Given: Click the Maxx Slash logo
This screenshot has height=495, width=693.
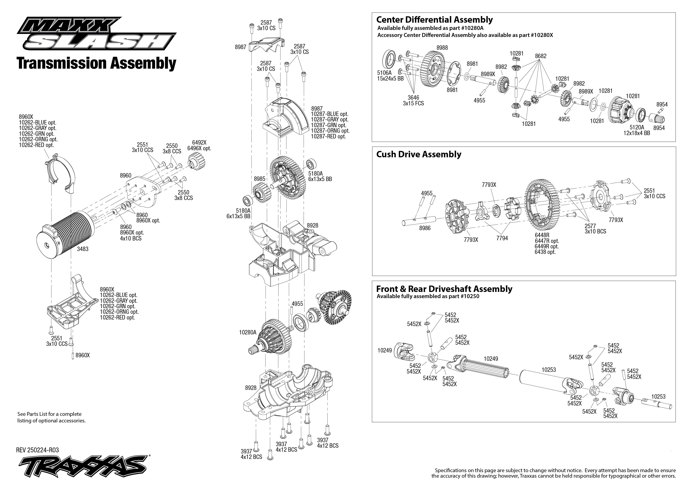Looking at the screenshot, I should [x=96, y=33].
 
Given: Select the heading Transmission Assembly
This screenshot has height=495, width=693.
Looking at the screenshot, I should [x=97, y=63].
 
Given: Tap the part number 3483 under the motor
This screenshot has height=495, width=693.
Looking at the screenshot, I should [x=82, y=249].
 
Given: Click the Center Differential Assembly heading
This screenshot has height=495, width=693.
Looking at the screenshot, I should [x=434, y=20].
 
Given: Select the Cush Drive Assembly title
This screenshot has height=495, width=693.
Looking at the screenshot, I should [x=419, y=154].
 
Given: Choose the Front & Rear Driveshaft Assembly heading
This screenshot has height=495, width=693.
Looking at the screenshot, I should [x=444, y=289].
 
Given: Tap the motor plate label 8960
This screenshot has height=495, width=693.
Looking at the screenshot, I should [x=126, y=176].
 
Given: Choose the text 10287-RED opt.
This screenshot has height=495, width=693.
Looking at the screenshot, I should [x=328, y=137].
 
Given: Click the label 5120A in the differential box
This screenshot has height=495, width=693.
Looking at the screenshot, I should [x=637, y=127].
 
